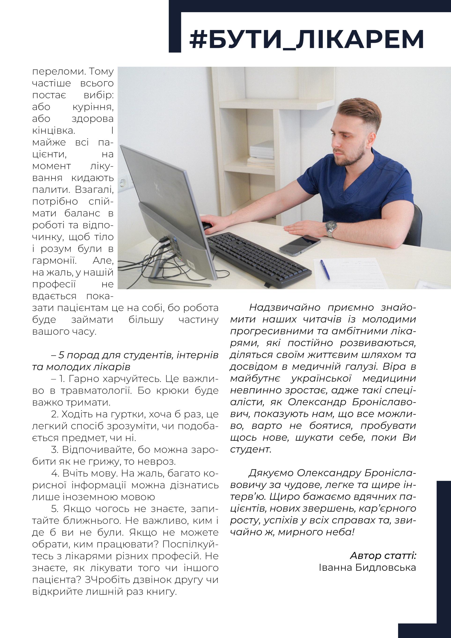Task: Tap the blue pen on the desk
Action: (325, 269)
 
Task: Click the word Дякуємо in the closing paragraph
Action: (271, 473)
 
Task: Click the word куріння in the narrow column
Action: (93, 107)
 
